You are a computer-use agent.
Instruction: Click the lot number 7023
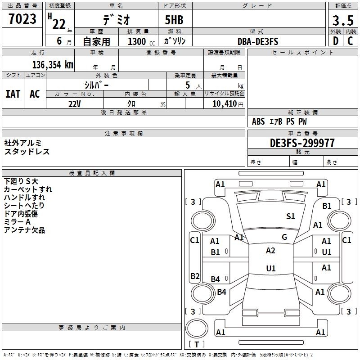pos(22,19)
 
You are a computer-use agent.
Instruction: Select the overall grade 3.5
pos(343,20)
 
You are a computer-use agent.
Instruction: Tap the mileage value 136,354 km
pos(53,64)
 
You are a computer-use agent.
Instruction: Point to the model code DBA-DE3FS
pos(258,41)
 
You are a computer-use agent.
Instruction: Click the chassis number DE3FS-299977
pos(302,143)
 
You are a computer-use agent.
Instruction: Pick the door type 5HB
pos(174,20)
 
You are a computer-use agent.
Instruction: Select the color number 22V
pos(75,104)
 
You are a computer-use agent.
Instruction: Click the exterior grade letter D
pos(336,41)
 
